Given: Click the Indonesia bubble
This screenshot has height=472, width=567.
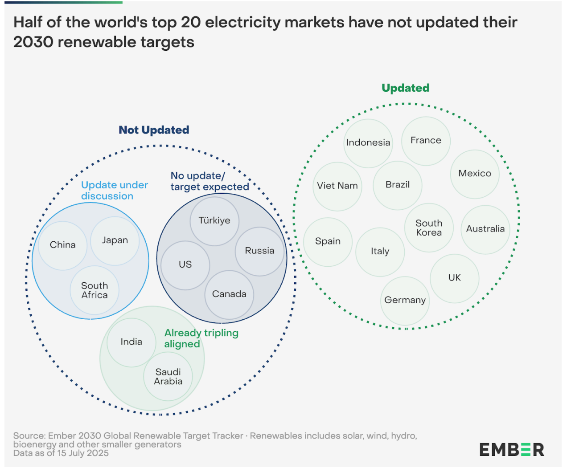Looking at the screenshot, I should tap(368, 143).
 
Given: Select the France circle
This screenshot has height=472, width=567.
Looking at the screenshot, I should tap(426, 141).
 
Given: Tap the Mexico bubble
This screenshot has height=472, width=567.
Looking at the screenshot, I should tap(475, 174).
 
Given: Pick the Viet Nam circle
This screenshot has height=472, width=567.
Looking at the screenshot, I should tap(337, 186).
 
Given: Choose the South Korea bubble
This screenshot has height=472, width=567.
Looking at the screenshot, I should tap(429, 228).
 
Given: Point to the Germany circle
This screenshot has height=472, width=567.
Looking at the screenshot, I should tap(405, 301).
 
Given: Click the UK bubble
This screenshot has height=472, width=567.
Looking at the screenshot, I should tap(454, 278).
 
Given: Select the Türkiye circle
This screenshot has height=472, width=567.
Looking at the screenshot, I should tap(214, 221).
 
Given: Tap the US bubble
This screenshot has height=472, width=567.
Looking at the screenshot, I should tap(185, 265).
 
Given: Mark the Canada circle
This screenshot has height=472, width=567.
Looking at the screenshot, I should tap(229, 294).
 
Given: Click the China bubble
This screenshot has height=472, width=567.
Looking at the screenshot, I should tap(62, 245).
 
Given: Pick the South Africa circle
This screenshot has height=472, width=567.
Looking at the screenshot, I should tap(94, 290).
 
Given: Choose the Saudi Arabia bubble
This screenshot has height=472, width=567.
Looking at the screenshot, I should tap(168, 377).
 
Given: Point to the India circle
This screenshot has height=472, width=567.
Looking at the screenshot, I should tap(131, 342).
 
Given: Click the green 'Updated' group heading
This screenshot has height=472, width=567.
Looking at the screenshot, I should tap(405, 88).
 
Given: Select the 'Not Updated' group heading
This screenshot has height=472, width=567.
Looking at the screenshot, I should tap(154, 130).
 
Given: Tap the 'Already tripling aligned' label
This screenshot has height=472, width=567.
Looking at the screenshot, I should tap(201, 338).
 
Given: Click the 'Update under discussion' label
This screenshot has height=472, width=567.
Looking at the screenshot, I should tap(114, 191).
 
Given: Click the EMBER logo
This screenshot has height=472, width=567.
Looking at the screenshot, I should tap(511, 450).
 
